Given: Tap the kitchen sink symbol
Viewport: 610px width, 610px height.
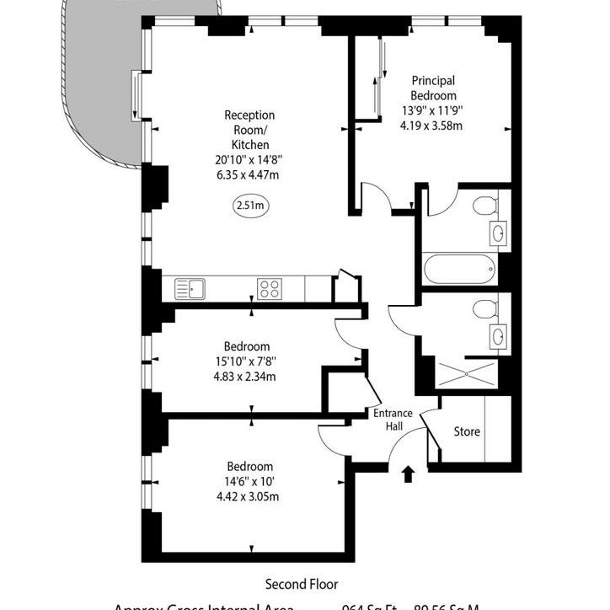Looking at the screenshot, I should tap(190, 289).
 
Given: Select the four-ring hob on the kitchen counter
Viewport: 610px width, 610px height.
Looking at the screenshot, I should tap(270, 289).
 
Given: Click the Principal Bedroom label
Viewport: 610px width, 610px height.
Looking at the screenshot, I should tap(434, 88).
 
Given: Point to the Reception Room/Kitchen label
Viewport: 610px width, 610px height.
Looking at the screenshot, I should tap(249, 130).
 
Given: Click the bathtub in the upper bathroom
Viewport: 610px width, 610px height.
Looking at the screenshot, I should tap(458, 270).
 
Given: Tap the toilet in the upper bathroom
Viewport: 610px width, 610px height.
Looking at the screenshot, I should tap(484, 206).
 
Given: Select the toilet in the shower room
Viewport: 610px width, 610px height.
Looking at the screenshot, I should tap(484, 309).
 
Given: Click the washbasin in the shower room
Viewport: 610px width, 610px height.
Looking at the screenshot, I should tap(498, 337).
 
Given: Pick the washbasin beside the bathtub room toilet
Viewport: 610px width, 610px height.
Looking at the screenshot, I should tap(498, 233).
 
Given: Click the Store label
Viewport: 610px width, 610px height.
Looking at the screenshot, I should tap(467, 432).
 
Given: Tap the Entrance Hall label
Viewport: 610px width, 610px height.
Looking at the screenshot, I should tap(393, 420).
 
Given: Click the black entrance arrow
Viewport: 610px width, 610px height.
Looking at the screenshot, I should tap(408, 474).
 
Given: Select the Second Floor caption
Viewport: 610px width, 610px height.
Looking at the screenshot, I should tap(302, 583).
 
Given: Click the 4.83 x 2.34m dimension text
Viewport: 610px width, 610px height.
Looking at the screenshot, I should tap(249, 376).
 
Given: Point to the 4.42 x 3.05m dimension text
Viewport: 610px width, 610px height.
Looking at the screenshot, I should tap(249, 496).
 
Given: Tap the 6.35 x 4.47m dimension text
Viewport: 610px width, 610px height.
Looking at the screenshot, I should tap(249, 174).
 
